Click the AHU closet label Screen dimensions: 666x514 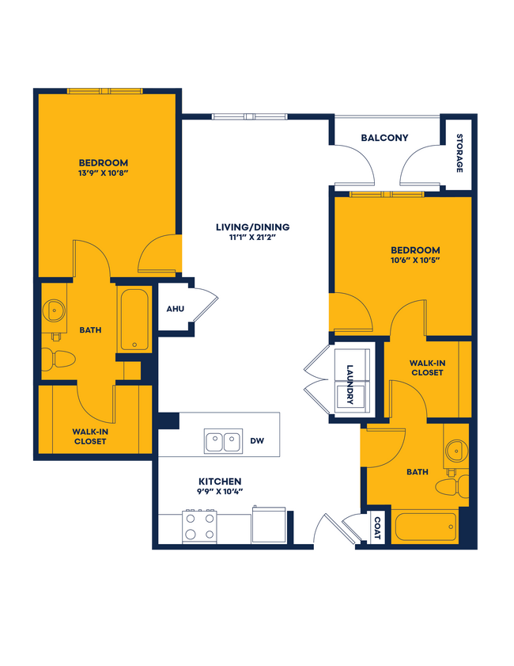click(175, 308)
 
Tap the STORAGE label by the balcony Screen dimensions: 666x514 click(459, 154)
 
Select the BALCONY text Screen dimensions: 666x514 click(384, 138)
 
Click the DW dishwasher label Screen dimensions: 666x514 click(257, 441)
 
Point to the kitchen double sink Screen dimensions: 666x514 click(223, 442)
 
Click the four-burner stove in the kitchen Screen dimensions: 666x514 click(199, 527)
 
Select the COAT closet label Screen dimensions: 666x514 click(377, 528)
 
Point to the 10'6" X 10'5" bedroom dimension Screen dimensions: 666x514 click(414, 261)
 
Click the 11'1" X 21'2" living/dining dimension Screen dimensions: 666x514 click(252, 238)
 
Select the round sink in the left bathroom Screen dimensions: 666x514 click(55, 310)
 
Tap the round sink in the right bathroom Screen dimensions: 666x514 click(455, 451)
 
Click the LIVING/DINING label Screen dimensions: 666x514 click(252, 227)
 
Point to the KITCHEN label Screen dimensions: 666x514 click(219, 481)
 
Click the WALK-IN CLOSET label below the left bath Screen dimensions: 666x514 click(89, 436)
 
